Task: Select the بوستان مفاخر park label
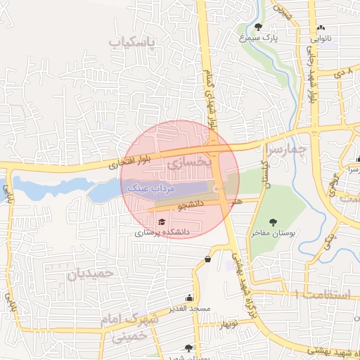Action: [271, 232]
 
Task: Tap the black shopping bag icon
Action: [207, 259]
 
